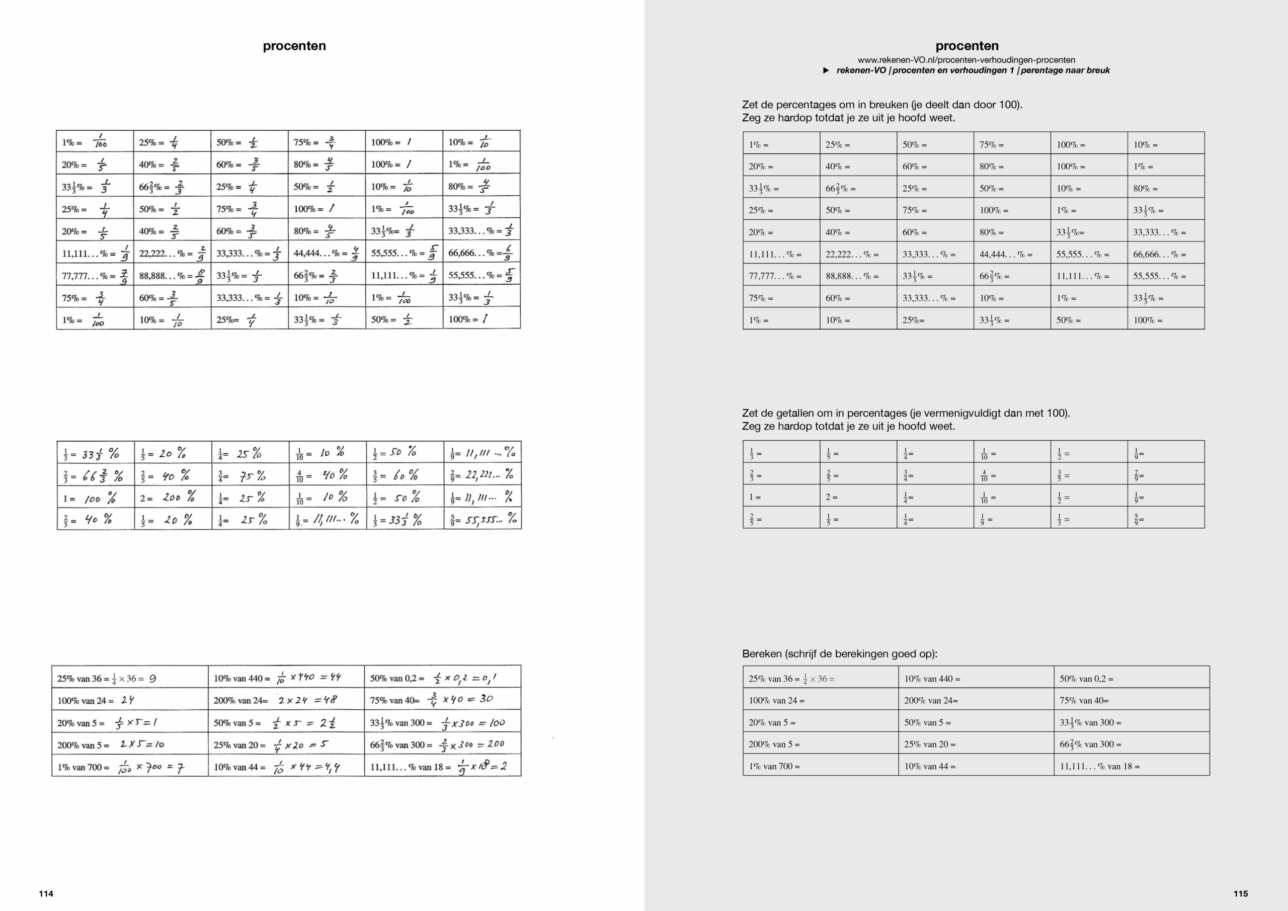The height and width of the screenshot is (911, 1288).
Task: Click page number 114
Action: tap(46, 893)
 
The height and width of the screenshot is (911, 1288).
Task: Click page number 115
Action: tap(1240, 893)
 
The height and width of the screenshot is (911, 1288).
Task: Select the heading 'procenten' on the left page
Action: tap(294, 46)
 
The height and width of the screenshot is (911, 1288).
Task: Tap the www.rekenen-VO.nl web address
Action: tap(966, 60)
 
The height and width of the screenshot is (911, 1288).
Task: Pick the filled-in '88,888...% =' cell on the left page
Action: tap(172, 276)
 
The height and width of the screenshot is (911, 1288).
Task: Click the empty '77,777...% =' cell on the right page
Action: tap(781, 276)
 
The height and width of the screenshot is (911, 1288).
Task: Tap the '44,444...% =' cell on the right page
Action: tap(1011, 254)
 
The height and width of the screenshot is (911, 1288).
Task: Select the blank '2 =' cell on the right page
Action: tap(858, 497)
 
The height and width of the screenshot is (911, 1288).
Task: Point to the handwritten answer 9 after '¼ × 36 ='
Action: tap(152, 679)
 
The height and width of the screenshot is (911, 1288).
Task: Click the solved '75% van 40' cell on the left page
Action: tap(442, 700)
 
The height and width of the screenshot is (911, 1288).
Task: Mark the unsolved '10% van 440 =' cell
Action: tap(975, 679)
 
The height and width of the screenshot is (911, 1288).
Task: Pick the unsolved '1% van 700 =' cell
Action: tap(820, 766)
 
